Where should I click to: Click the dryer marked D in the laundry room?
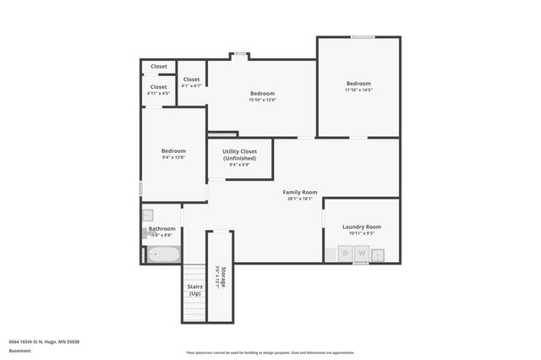pos(345,254)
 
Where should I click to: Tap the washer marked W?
pos(361,254)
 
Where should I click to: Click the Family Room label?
pos(299,193)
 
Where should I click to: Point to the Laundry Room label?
pos(361,226)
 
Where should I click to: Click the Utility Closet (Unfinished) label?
pos(240,155)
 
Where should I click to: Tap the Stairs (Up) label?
pos(194,290)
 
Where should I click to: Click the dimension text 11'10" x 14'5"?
pos(358,90)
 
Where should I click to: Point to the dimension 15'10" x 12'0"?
pos(262,100)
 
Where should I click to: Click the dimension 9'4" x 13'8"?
pos(173,157)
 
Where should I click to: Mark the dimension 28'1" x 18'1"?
pos(299,199)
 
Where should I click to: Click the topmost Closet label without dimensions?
pos(159,66)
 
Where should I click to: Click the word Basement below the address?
pos(19,350)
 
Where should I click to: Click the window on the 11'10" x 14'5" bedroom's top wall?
pos(363,36)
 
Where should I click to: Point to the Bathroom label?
pos(161,228)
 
